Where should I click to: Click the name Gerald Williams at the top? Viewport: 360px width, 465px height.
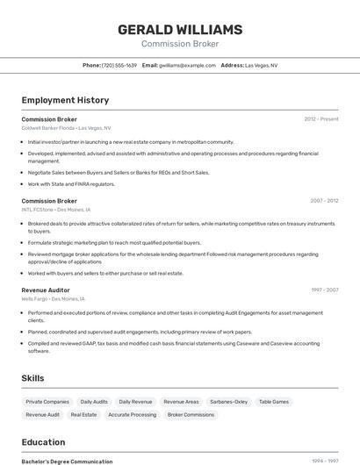[180, 30]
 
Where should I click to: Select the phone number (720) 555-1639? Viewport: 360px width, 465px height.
[119, 65]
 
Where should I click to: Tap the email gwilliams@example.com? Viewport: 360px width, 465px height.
[187, 65]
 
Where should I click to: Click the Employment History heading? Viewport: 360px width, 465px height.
[65, 100]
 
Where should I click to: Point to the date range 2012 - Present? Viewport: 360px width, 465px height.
[321, 118]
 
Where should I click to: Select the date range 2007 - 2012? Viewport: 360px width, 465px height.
[323, 201]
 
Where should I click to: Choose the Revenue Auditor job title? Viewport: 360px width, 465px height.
[46, 290]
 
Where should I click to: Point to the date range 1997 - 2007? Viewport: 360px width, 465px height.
[323, 290]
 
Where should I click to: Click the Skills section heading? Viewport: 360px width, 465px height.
[33, 378]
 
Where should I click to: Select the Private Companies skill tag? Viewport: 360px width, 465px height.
[47, 402]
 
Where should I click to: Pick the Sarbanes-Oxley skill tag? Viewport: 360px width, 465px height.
[228, 402]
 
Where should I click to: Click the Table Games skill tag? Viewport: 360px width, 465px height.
[274, 402]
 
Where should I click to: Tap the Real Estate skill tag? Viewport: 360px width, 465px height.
[83, 414]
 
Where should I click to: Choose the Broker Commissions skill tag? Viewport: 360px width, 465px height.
[191, 414]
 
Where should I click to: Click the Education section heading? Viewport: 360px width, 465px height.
[43, 442]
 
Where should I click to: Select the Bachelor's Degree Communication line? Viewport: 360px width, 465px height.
[67, 461]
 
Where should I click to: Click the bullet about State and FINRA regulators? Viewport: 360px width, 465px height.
[71, 184]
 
